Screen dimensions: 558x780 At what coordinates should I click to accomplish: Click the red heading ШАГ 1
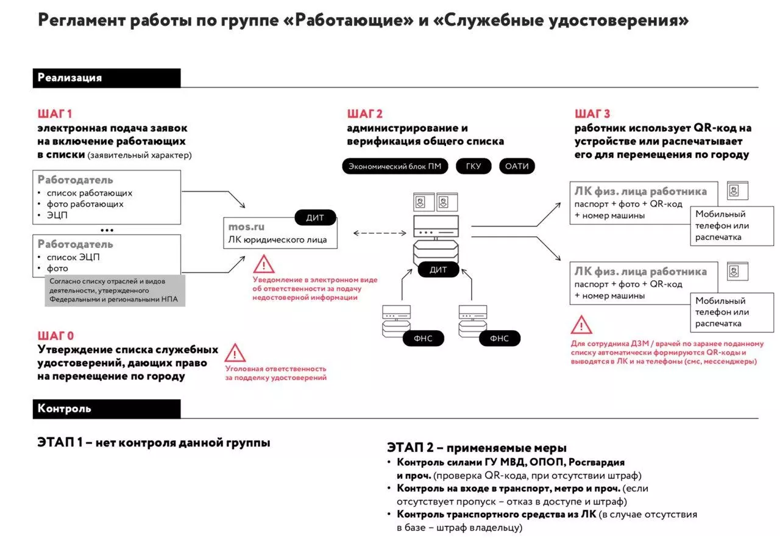pyautogui.click(x=55, y=114)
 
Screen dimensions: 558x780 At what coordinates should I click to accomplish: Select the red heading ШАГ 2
pyautogui.click(x=364, y=114)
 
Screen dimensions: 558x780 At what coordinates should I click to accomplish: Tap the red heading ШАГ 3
pyautogui.click(x=592, y=114)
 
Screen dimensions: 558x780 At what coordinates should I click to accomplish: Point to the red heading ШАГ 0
pyautogui.click(x=55, y=336)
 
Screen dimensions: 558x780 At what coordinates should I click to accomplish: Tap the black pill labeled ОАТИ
pyautogui.click(x=517, y=166)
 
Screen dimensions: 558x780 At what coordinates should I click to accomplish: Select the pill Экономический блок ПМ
pyautogui.click(x=395, y=166)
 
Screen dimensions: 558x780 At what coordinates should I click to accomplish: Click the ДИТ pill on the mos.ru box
pyautogui.click(x=315, y=217)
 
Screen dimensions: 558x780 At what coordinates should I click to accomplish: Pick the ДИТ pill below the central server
pyautogui.click(x=438, y=269)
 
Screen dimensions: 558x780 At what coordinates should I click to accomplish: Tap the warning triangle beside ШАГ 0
pyautogui.click(x=235, y=353)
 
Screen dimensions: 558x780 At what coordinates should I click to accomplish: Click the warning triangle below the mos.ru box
pyautogui.click(x=264, y=264)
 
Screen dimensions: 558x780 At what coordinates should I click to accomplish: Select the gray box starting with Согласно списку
pyautogui.click(x=115, y=291)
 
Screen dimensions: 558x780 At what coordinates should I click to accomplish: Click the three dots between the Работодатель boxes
pyautogui.click(x=107, y=231)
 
